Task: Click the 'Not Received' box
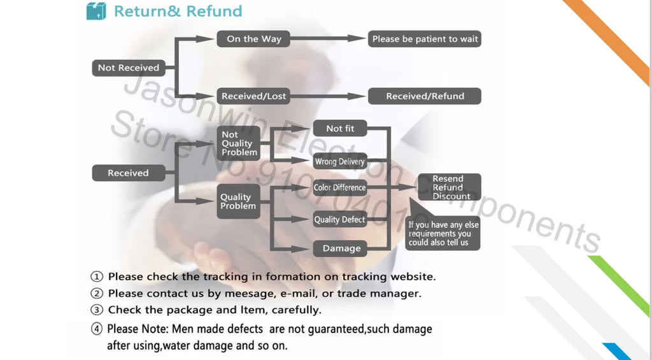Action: (x=129, y=68)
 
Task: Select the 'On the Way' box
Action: (x=253, y=39)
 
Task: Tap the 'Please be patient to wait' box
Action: (x=425, y=39)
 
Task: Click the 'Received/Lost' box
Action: (x=253, y=96)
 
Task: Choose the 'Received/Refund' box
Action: (x=425, y=96)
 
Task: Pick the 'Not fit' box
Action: (x=340, y=128)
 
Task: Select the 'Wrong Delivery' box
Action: (x=340, y=161)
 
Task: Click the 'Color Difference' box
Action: (x=340, y=187)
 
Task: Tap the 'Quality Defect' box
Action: (x=340, y=219)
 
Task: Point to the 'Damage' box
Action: (x=340, y=248)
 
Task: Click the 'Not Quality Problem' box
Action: (x=239, y=143)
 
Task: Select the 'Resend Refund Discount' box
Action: (x=450, y=187)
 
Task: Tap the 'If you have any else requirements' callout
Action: (x=443, y=233)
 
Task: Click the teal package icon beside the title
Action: (x=96, y=11)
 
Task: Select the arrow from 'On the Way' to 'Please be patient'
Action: (x=328, y=38)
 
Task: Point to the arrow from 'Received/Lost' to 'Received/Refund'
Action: (x=328, y=96)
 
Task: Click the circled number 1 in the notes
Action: (x=97, y=277)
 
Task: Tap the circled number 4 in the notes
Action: (x=97, y=329)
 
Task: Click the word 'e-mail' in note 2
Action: (x=298, y=293)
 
